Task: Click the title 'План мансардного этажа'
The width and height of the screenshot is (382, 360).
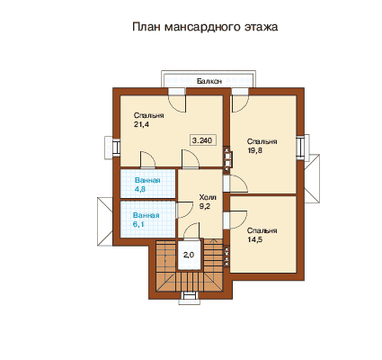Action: click(x=205, y=27)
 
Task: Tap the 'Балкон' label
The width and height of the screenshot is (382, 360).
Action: click(x=209, y=81)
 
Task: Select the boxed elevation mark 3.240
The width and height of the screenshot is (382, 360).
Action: click(x=202, y=140)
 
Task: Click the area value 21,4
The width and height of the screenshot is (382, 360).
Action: click(x=141, y=124)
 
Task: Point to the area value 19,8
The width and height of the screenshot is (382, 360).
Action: click(x=255, y=150)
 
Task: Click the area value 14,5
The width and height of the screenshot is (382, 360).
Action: click(x=255, y=239)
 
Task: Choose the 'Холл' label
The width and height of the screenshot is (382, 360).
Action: click(x=208, y=197)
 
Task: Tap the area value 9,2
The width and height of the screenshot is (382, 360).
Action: click(x=205, y=206)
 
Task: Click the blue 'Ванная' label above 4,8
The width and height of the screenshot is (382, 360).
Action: click(x=147, y=180)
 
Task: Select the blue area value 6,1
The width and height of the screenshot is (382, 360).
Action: click(x=138, y=224)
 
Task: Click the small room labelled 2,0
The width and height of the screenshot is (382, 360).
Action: click(x=189, y=255)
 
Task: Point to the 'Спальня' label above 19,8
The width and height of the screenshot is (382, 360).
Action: click(x=262, y=141)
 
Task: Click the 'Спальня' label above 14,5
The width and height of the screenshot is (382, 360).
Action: click(x=262, y=230)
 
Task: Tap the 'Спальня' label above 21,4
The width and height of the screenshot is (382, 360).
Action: click(x=148, y=115)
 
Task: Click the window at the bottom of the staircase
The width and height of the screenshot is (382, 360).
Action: click(x=190, y=297)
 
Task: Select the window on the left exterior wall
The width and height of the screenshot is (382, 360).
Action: click(x=113, y=148)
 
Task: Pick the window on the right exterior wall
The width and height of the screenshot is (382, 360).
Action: click(x=302, y=146)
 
